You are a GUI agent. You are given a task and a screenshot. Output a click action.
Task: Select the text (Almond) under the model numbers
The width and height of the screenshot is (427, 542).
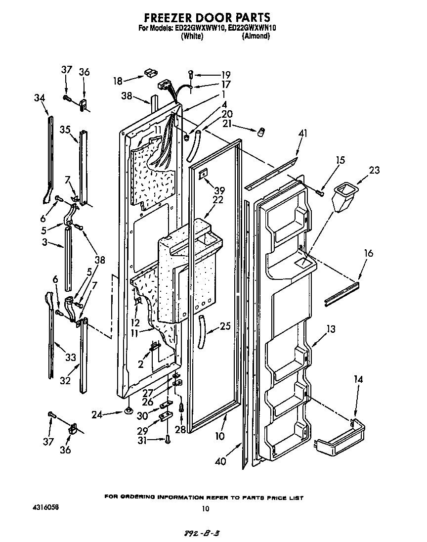pyautogui.click(x=256, y=36)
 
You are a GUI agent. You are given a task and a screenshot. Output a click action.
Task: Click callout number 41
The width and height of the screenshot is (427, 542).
pyautogui.click(x=302, y=133)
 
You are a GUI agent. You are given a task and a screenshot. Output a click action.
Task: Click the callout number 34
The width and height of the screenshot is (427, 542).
pyautogui.click(x=40, y=98)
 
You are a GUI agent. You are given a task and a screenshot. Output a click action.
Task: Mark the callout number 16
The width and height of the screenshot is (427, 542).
pyautogui.click(x=368, y=254)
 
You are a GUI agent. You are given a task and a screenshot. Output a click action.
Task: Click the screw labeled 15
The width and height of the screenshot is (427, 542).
pyautogui.click(x=320, y=193)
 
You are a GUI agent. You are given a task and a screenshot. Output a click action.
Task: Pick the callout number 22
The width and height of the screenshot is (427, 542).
pyautogui.click(x=217, y=200)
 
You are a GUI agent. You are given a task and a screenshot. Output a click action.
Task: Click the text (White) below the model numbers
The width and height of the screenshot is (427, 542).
pyautogui.click(x=192, y=36)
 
